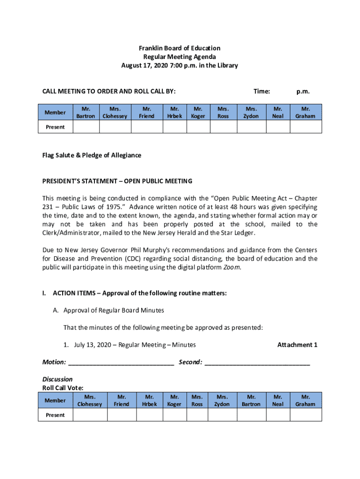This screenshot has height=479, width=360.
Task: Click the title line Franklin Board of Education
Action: pos(180,48)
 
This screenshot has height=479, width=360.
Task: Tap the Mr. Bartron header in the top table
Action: pos(86,113)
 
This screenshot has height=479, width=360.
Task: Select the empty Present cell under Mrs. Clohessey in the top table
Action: pos(115,127)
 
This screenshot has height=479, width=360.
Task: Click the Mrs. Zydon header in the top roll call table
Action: pos(251,113)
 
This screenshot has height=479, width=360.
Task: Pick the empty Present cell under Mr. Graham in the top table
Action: pos(306,127)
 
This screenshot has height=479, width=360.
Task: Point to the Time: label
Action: pos(261,92)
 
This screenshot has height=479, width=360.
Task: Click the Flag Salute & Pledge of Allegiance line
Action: pos(92,155)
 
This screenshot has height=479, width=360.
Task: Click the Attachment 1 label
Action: pos(297,345)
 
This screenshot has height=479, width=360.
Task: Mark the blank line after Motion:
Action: pos(121,363)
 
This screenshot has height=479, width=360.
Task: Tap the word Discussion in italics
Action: pos(58,379)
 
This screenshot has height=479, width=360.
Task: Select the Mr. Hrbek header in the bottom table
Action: pos(150,400)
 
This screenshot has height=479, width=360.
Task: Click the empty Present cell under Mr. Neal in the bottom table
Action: pos(278,415)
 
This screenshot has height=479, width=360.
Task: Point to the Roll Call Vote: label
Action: pos(63,388)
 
